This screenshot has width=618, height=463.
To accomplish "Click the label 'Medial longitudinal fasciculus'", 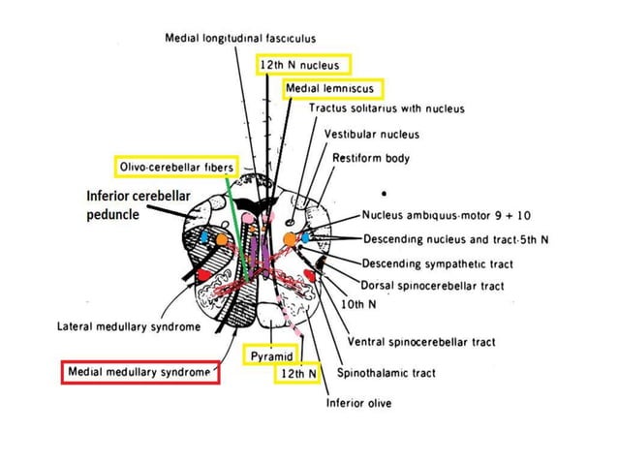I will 240,38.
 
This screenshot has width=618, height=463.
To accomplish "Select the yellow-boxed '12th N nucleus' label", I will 303,65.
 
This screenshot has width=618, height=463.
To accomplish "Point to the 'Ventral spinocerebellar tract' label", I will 420,342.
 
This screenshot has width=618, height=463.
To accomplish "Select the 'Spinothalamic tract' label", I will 386,372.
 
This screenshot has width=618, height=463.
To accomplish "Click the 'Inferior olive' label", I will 357,403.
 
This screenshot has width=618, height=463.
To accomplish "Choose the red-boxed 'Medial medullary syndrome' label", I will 140,372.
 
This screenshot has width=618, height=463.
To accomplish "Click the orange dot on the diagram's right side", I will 290,238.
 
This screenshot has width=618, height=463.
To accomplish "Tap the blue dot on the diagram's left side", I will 204,236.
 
